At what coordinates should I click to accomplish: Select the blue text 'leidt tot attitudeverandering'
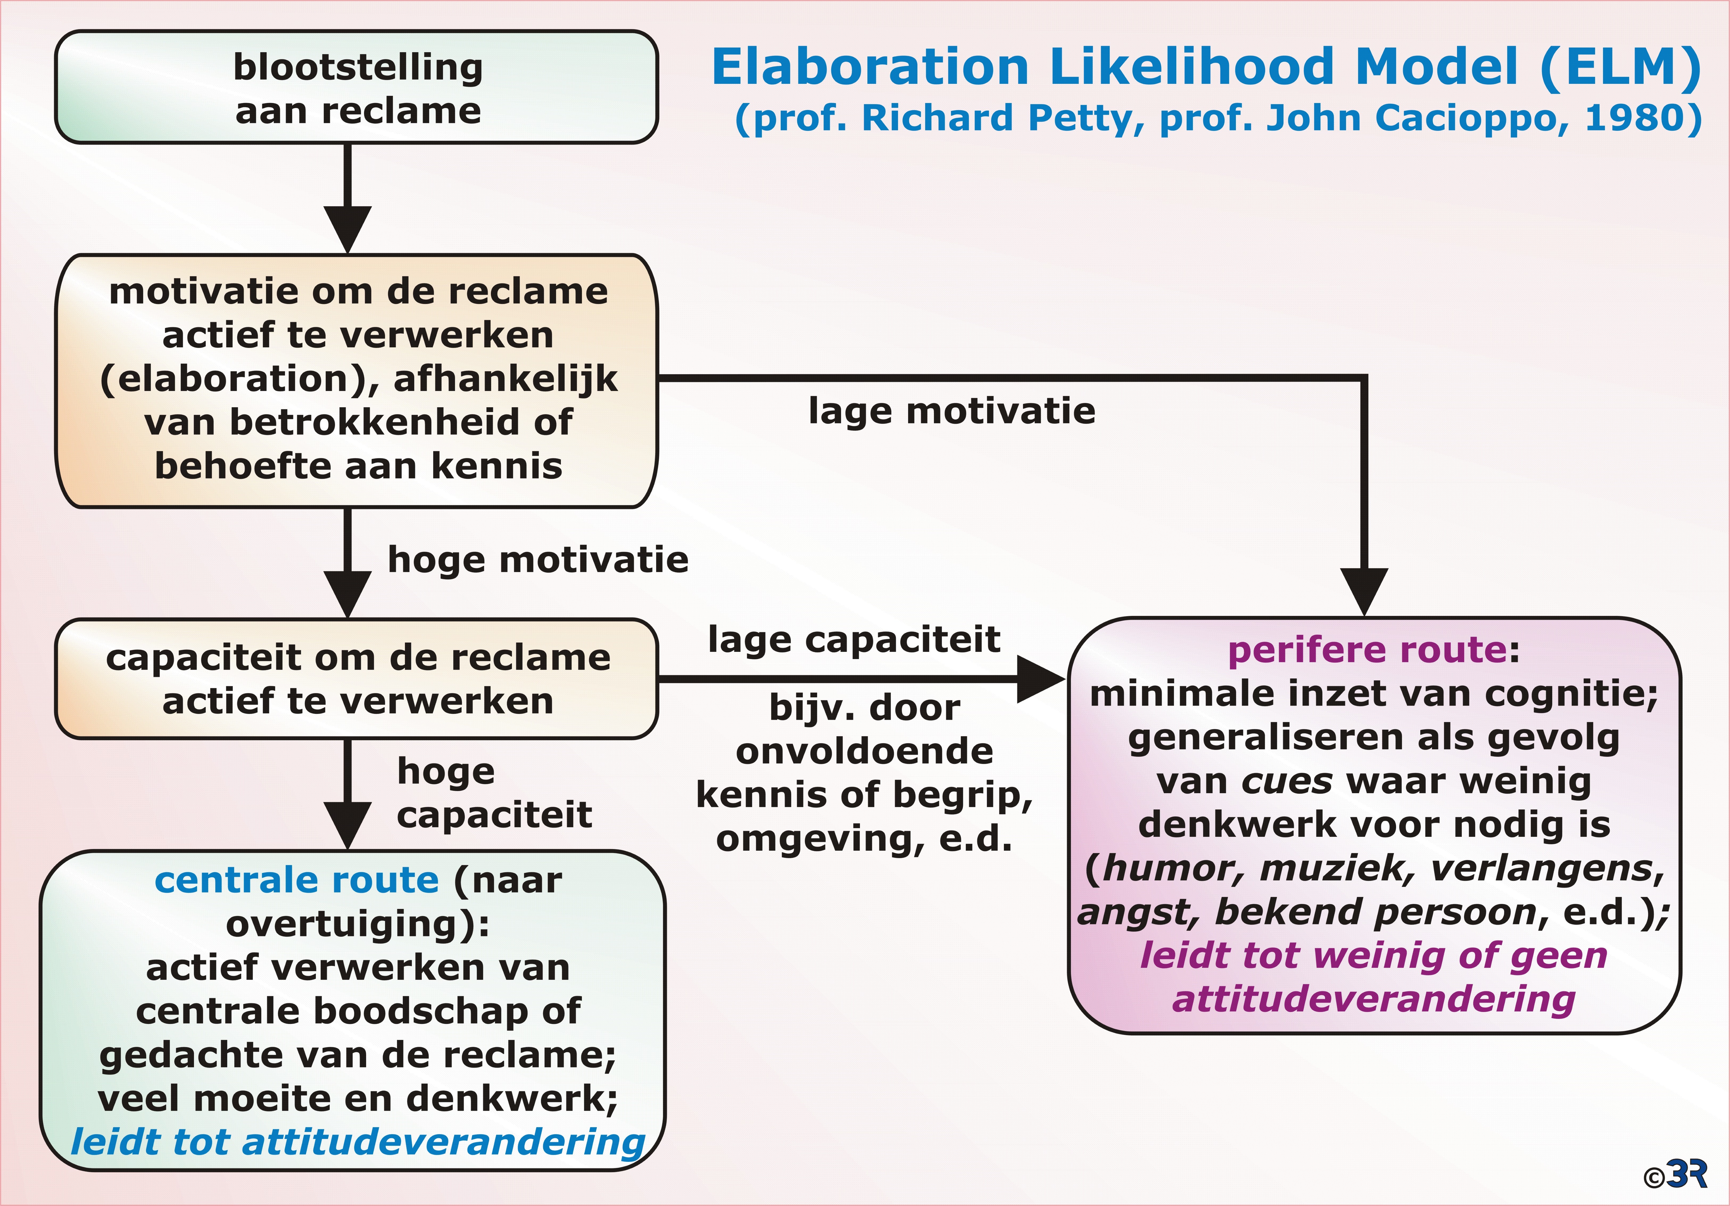[358, 1142]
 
